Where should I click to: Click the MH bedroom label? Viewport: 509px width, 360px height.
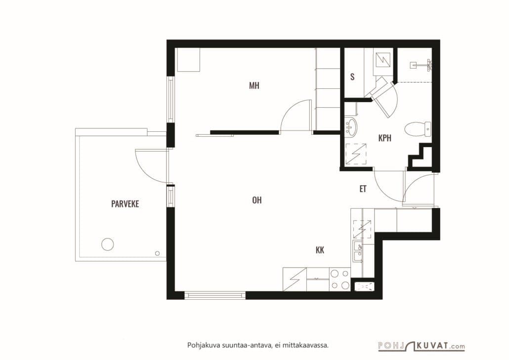point(254,85)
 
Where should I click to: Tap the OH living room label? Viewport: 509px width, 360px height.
point(257,200)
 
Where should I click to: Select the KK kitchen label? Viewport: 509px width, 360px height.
point(320,250)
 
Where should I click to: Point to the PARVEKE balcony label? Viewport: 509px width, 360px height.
point(125,204)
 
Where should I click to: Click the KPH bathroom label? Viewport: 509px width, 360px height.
point(384,138)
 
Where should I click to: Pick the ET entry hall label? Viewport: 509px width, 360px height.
point(363,189)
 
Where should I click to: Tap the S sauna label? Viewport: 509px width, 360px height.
point(352,77)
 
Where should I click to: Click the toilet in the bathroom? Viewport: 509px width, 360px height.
point(418,129)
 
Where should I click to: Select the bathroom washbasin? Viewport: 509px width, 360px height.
point(351,126)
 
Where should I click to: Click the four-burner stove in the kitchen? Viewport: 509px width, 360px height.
point(340,279)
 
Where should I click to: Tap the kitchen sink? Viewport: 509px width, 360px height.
point(358,251)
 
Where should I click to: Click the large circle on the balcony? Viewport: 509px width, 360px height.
point(107,244)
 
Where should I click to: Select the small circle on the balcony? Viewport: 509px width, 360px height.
point(158,253)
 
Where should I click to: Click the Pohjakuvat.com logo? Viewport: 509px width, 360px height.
point(422,346)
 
